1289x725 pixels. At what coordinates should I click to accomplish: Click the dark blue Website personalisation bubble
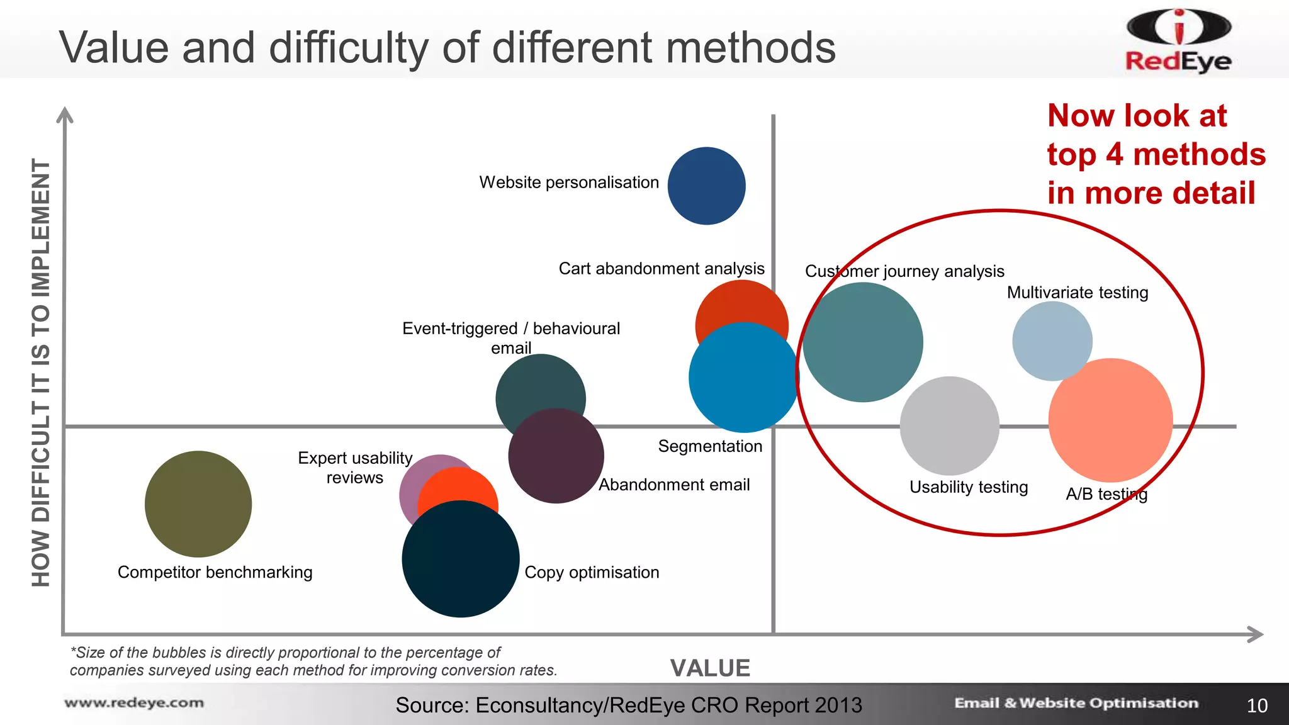pyautogui.click(x=706, y=186)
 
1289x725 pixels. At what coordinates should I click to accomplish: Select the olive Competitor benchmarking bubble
pyautogui.click(x=198, y=503)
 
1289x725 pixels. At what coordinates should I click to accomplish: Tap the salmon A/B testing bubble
pyautogui.click(x=1111, y=420)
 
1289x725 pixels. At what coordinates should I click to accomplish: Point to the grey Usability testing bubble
pyautogui.click(x=949, y=425)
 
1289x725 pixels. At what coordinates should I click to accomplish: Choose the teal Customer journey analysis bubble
pyautogui.click(x=863, y=342)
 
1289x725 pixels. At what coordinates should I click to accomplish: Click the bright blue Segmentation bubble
pyautogui.click(x=743, y=377)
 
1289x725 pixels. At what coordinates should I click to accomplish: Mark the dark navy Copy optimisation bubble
pyautogui.click(x=461, y=559)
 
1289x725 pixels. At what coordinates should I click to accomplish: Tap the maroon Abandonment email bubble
pyautogui.click(x=556, y=456)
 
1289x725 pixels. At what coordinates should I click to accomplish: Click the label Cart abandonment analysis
pyautogui.click(x=661, y=269)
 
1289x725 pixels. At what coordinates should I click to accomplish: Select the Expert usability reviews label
pyautogui.click(x=355, y=468)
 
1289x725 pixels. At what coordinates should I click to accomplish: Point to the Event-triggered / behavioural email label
pyautogui.click(x=511, y=338)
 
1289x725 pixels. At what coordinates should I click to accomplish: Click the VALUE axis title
pyautogui.click(x=710, y=668)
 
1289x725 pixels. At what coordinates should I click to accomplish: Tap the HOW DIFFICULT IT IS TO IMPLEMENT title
pyautogui.click(x=41, y=373)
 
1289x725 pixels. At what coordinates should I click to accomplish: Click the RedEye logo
pyautogui.click(x=1178, y=41)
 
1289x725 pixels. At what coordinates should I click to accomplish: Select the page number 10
pyautogui.click(x=1257, y=705)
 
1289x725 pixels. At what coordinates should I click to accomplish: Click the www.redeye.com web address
pyautogui.click(x=134, y=703)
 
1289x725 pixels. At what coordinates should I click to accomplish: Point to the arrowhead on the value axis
pyautogui.click(x=1255, y=634)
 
